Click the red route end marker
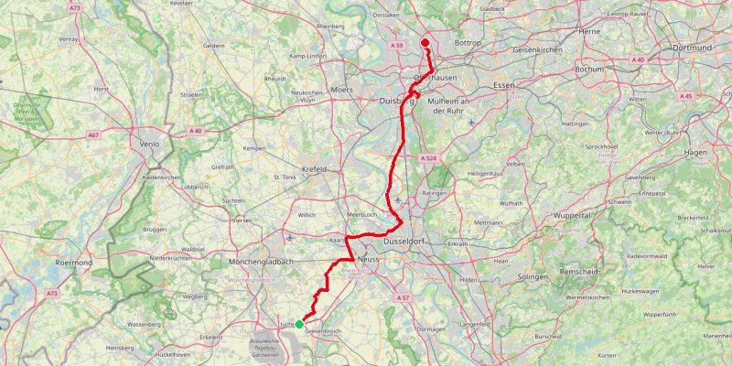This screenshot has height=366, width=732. (425, 42)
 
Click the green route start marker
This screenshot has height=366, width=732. (299, 324)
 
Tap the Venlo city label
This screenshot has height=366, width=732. (148, 145)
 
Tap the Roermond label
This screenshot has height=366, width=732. (73, 263)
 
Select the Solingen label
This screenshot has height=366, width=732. (533, 276)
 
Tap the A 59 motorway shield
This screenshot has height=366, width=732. (396, 45)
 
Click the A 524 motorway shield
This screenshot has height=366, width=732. (428, 158)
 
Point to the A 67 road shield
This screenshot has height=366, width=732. (93, 135)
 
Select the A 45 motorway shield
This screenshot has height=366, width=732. (687, 96)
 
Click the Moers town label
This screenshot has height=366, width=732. (341, 90)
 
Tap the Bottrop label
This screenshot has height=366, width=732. (468, 43)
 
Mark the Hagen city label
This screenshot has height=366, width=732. (695, 153)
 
